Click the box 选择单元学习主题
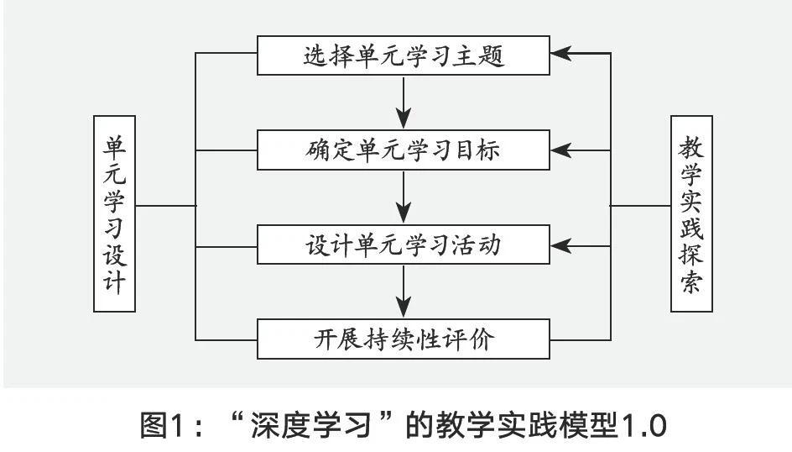click(404, 56)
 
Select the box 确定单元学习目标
click(404, 150)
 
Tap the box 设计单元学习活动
click(404, 245)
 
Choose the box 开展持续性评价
click(404, 340)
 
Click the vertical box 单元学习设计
click(115, 214)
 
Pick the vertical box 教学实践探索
click(691, 214)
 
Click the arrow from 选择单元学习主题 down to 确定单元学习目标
click(404, 103)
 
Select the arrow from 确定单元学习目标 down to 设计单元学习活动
click(404, 198)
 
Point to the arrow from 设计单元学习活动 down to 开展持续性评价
click(404, 293)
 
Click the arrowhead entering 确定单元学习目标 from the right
click(561, 150)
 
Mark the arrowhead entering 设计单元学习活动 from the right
click(561, 246)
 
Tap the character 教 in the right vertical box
click(691, 147)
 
